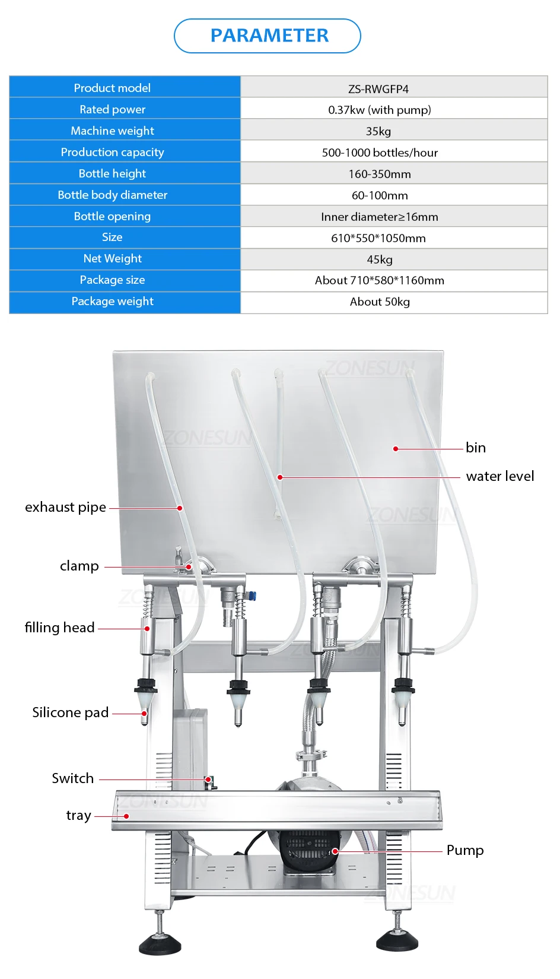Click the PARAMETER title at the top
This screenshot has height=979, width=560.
click(269, 36)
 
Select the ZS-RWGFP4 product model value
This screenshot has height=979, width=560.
click(378, 89)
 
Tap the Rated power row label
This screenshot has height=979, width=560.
click(112, 109)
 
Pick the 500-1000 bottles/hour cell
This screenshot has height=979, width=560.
click(380, 153)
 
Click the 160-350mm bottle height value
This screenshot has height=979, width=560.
click(380, 174)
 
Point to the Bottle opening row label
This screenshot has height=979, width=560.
click(112, 216)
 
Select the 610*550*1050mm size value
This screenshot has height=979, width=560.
click(378, 238)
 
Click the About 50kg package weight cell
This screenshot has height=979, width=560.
click(380, 302)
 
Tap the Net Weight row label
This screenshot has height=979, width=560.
click(112, 258)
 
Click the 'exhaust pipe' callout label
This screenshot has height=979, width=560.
click(65, 507)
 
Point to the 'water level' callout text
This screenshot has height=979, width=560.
click(500, 476)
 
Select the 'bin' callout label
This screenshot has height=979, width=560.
click(476, 448)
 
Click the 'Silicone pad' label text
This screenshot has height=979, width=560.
click(70, 712)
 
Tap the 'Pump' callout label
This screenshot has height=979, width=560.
click(465, 850)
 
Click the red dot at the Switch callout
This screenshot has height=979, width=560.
click(208, 780)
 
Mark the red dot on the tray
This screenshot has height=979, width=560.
click(126, 816)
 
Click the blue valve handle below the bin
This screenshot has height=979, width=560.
click(252, 595)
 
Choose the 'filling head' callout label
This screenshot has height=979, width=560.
click(59, 628)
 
